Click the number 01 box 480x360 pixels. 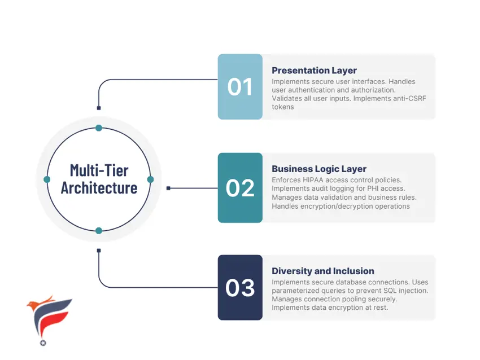coord(240,86)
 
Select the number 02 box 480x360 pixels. coord(240,187)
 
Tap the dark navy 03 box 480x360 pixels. coord(240,288)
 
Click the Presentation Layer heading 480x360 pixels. coord(314,71)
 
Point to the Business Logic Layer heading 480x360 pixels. coord(319,169)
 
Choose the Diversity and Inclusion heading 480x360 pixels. coord(323,271)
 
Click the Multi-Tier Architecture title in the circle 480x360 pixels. coord(99,179)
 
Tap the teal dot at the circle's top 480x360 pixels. coord(99,128)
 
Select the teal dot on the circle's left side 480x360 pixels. coord(47,179)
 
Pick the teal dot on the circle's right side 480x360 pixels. coord(150,179)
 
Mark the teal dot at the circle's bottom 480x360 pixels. coord(99,231)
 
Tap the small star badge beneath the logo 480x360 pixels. coord(43,343)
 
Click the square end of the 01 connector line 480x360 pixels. coord(99,108)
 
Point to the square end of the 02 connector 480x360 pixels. coord(168,188)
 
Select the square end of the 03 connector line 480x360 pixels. coord(99,251)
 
